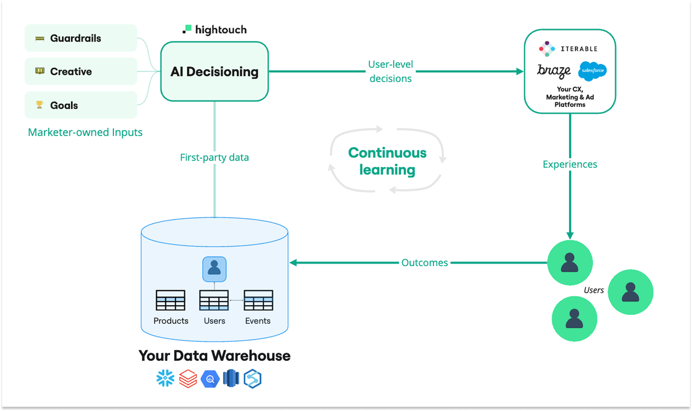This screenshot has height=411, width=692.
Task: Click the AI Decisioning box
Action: [214, 71]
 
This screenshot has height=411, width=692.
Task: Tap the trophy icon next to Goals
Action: [39, 105]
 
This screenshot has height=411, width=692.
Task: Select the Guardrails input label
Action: [76, 38]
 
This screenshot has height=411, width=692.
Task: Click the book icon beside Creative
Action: [40, 71]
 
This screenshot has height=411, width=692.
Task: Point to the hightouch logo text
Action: [220, 30]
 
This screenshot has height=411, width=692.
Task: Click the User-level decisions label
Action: [391, 71]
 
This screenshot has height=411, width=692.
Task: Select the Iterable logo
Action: [568, 49]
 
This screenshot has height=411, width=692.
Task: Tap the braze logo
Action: [554, 71]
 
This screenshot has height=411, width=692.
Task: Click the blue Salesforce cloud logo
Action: [592, 71]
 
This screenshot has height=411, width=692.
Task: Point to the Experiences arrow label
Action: [570, 164]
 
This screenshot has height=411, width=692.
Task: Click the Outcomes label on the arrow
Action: [424, 263]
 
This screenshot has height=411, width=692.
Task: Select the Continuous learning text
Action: [387, 161]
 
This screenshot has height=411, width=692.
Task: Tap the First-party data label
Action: [214, 157]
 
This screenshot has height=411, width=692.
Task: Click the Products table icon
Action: [170, 300]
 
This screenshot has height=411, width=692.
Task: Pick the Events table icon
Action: [258, 300]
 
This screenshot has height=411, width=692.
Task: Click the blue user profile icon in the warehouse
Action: [214, 269]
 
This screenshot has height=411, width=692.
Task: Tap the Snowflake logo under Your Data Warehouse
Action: [165, 378]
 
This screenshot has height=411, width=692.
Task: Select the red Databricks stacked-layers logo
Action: [188, 378]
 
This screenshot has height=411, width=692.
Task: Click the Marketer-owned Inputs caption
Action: [85, 133]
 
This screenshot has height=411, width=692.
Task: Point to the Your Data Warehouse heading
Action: [214, 356]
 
